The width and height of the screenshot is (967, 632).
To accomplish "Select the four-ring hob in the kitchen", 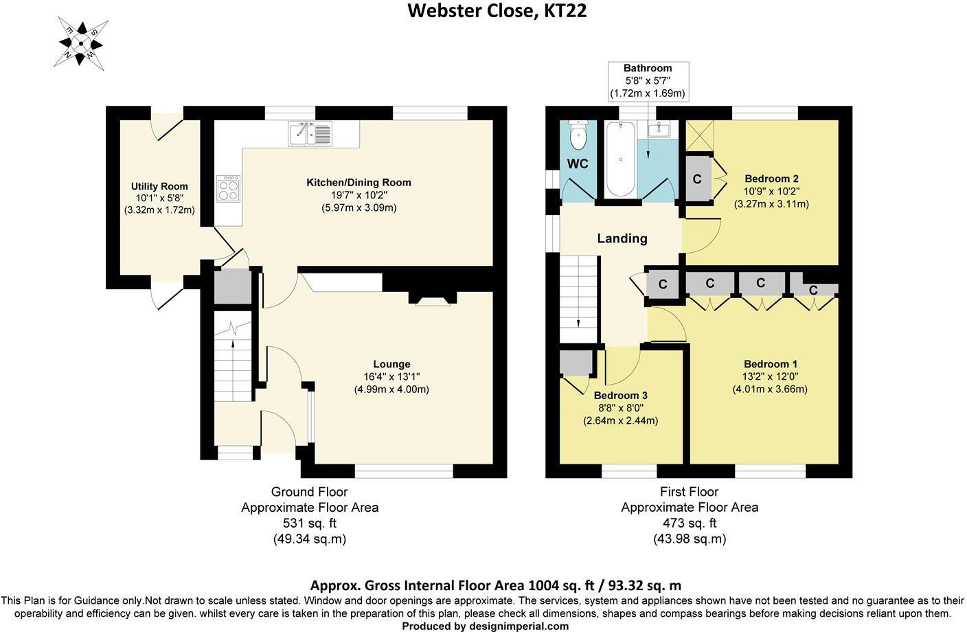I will [x=228, y=188].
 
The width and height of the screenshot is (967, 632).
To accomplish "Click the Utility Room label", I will [x=159, y=186].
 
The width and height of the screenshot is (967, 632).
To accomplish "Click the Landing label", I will [x=622, y=238].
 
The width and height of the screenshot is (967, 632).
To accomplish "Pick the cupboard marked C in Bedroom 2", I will [x=697, y=179].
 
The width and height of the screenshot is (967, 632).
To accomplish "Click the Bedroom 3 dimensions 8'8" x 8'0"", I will [x=620, y=408].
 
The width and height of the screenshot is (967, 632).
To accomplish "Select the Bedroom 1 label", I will [x=770, y=364].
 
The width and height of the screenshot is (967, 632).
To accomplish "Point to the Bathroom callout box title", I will [x=647, y=68].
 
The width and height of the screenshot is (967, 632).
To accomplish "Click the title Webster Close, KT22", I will [x=497, y=11].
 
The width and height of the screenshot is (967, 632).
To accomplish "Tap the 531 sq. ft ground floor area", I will [x=309, y=523].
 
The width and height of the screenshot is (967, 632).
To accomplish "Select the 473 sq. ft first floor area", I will [x=689, y=523].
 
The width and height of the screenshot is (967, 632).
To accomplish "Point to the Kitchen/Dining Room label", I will [x=359, y=182].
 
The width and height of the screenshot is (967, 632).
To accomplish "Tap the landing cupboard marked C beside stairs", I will [x=663, y=284].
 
